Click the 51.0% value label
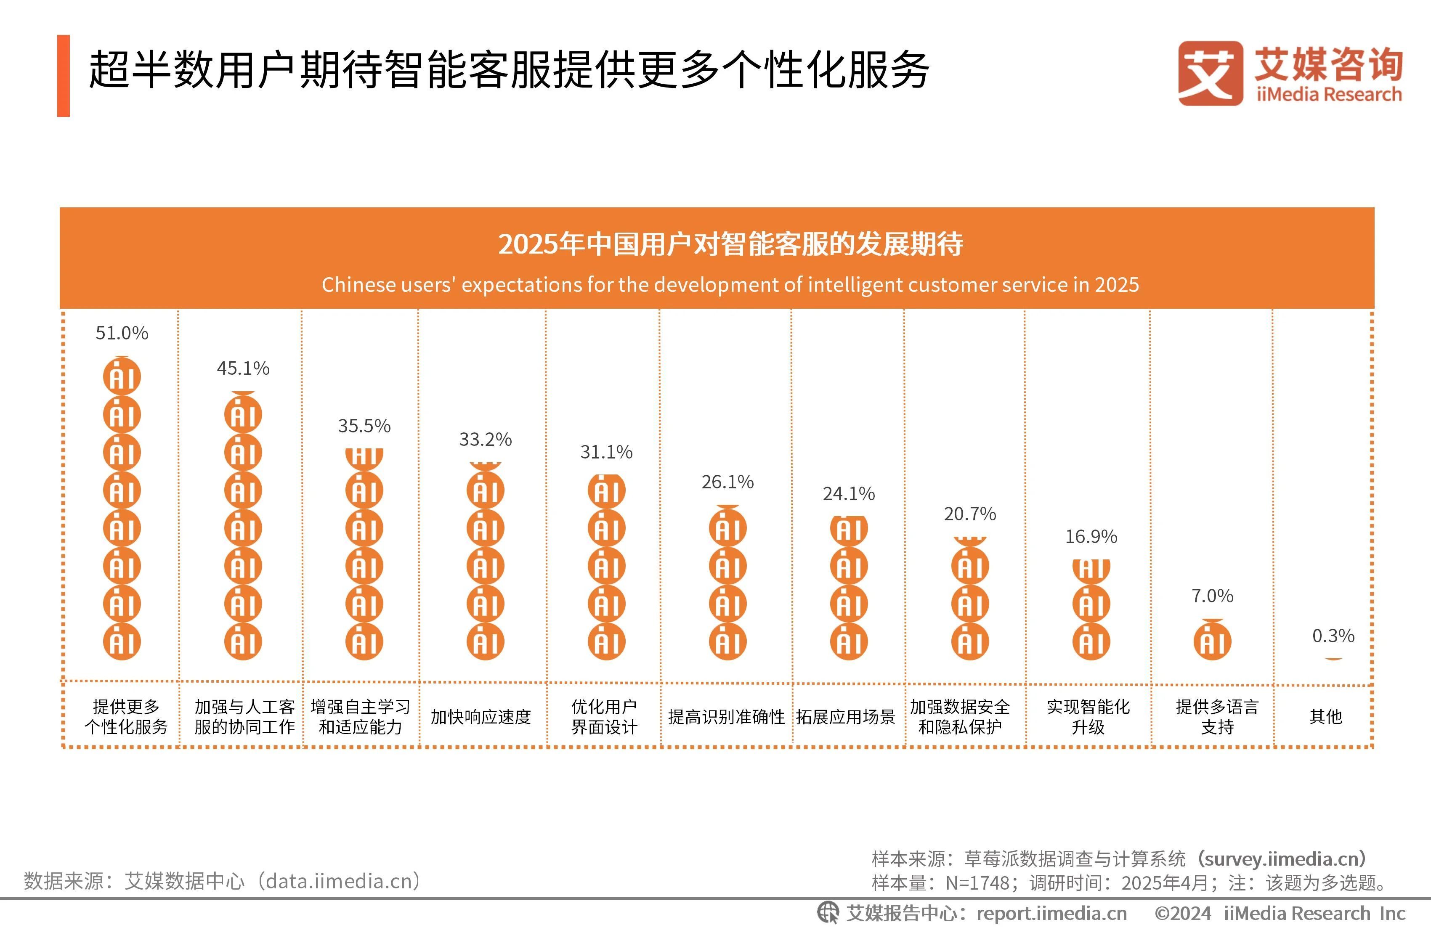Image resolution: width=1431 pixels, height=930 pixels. pyautogui.click(x=122, y=333)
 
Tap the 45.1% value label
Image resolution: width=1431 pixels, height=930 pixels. pyautogui.click(x=243, y=368)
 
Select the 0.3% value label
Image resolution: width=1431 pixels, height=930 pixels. pyautogui.click(x=1333, y=636)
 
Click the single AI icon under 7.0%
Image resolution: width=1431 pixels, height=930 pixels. pyautogui.click(x=1212, y=641)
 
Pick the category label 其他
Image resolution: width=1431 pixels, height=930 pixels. pyautogui.click(x=1326, y=717)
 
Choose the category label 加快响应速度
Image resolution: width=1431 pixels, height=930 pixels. pyautogui.click(x=481, y=717)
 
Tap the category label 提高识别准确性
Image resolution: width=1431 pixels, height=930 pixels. pyautogui.click(x=726, y=717)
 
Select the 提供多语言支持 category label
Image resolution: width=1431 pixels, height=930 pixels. pyautogui.click(x=1217, y=717)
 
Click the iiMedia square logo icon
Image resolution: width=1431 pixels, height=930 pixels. pyautogui.click(x=1210, y=73)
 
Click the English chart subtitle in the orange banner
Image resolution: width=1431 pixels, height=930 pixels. pyautogui.click(x=730, y=284)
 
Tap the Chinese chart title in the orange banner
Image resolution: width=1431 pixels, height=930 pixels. pyautogui.click(x=730, y=244)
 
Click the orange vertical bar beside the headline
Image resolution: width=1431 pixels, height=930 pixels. pyautogui.click(x=64, y=76)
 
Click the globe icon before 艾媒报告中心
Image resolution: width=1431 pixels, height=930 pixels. pyautogui.click(x=827, y=913)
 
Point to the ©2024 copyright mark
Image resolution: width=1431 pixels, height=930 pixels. pyautogui.click(x=1182, y=913)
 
